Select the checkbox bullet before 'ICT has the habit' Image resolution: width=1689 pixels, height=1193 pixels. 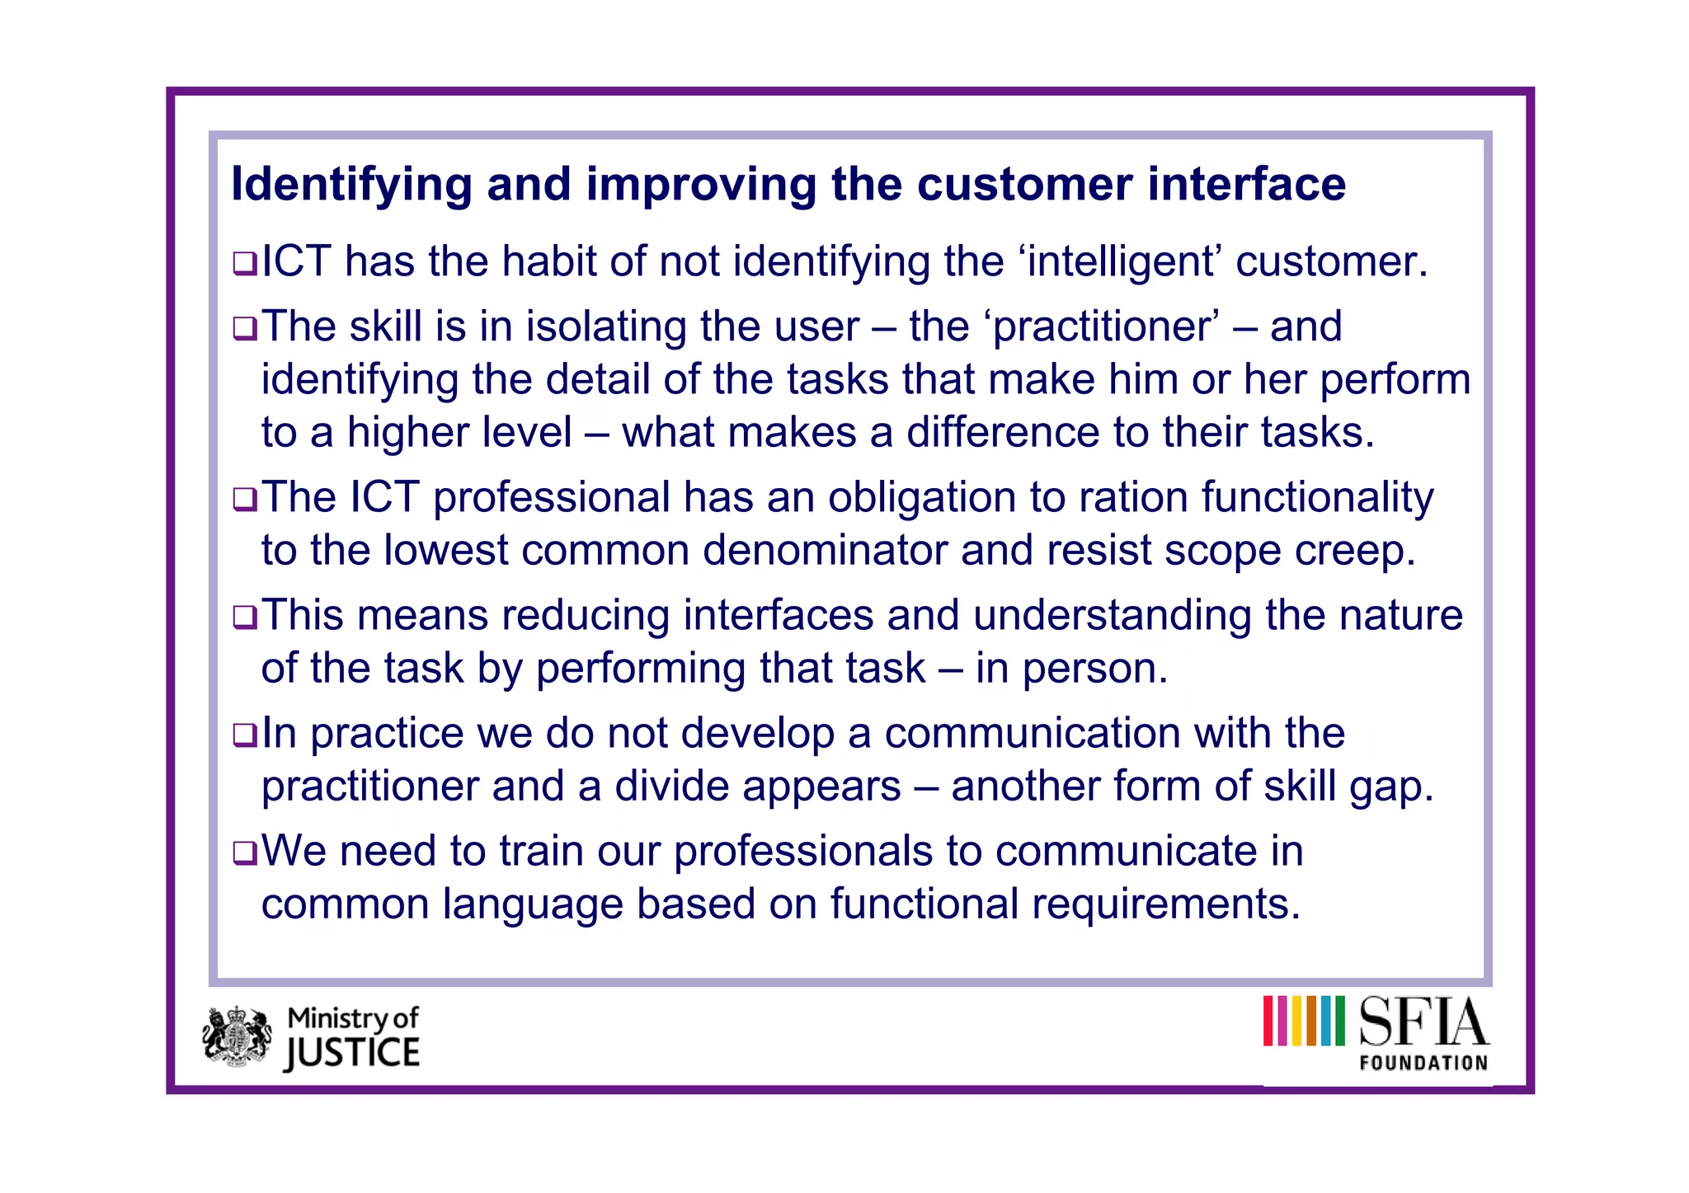point(245,264)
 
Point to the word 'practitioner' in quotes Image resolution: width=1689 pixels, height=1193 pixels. point(1102,327)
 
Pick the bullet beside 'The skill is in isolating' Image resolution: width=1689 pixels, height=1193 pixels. point(245,329)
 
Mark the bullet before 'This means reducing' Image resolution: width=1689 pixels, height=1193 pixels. point(245,618)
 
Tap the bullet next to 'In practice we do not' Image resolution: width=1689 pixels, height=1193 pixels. point(245,735)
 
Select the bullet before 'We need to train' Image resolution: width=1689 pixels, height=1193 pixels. point(245,852)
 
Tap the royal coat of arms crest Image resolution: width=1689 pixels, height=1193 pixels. point(238,1036)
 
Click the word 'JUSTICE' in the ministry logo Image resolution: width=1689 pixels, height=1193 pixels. point(353,1054)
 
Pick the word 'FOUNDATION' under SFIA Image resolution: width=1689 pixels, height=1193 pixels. point(1423,1064)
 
